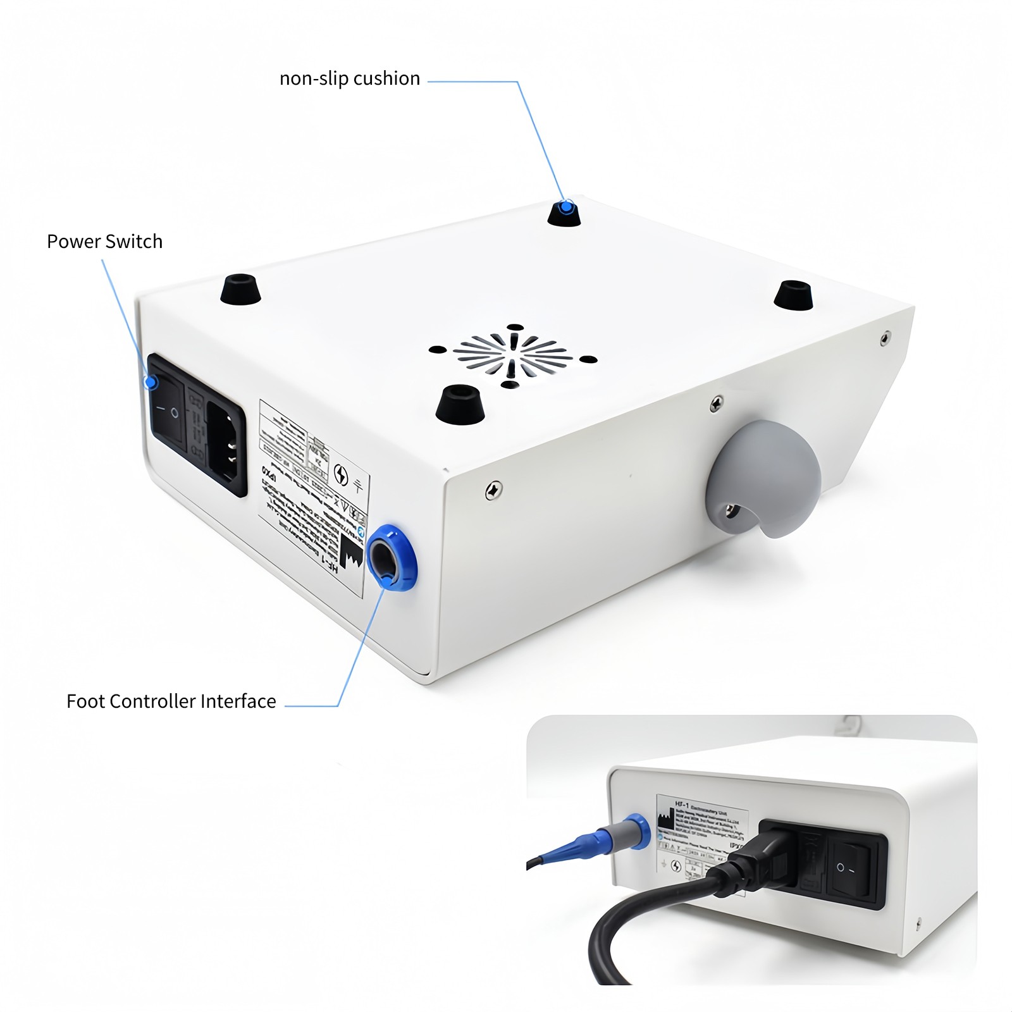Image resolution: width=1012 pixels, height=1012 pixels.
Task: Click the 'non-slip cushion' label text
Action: pos(350,78)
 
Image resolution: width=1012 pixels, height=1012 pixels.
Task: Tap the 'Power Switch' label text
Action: pos(104,242)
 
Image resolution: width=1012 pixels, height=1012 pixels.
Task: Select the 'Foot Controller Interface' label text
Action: pos(171,701)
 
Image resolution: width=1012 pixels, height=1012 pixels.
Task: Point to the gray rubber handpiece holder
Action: pos(763,478)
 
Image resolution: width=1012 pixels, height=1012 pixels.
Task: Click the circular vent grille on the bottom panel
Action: pos(512,355)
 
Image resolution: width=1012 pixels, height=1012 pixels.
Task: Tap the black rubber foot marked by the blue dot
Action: pos(564,213)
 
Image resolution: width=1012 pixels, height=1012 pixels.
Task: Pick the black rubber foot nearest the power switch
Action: pos(240,289)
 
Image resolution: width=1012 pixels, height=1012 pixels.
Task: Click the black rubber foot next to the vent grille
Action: pos(460,405)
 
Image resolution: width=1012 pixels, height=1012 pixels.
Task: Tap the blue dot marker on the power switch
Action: pos(151,382)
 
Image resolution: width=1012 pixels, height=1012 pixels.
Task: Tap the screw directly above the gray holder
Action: pos(716,403)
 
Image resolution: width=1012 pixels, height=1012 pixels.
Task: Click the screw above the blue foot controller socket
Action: pos(494,490)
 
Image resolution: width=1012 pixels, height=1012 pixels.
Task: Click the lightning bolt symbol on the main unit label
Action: pos(341,474)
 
